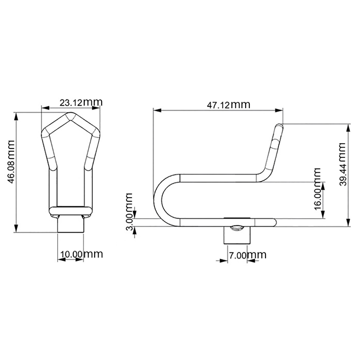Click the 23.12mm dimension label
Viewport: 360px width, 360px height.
point(81,102)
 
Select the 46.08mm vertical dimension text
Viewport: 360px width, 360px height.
point(11,162)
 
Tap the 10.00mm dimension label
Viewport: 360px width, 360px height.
point(81,254)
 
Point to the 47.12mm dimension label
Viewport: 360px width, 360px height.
point(229,105)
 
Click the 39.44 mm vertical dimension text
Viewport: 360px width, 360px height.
point(343,164)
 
